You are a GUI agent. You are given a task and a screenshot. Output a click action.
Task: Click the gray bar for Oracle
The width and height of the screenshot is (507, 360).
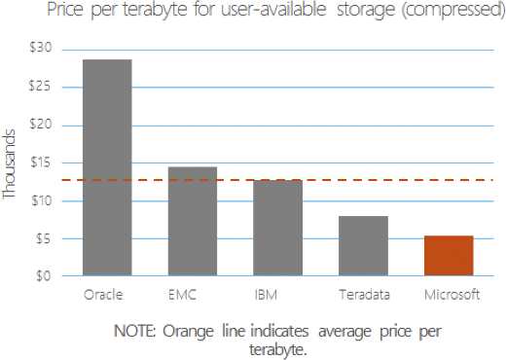tap(107, 167)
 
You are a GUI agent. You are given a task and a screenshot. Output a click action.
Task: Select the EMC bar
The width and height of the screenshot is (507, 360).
tap(193, 221)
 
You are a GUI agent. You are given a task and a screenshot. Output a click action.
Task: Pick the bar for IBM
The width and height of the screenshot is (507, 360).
tap(278, 228)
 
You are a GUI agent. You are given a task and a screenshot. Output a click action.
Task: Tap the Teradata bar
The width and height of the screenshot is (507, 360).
tap(363, 246)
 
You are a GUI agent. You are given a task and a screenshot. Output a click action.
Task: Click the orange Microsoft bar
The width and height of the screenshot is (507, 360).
tap(449, 256)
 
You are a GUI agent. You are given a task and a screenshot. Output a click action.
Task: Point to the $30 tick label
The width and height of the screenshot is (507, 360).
tap(41, 48)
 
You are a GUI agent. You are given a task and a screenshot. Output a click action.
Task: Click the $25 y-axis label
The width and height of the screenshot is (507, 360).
tap(40, 86)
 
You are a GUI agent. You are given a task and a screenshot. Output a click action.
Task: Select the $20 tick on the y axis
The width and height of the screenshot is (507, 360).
tap(41, 124)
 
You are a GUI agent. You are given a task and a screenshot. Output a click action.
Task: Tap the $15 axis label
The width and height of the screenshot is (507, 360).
tap(41, 162)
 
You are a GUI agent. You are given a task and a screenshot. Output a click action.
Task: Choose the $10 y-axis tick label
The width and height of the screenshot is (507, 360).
tap(42, 200)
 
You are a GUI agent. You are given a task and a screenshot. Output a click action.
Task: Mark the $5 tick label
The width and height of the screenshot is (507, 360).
tap(44, 239)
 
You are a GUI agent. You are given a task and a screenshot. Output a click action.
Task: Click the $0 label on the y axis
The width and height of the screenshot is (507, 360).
tap(44, 276)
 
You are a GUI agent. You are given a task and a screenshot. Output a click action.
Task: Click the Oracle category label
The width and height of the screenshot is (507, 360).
tap(103, 295)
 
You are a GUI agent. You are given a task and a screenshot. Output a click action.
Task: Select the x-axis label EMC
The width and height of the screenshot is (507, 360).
tap(183, 295)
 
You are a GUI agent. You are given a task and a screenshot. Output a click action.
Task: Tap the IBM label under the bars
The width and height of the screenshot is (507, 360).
tap(266, 295)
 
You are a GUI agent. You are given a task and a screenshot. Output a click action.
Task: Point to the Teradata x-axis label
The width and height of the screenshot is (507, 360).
tap(365, 295)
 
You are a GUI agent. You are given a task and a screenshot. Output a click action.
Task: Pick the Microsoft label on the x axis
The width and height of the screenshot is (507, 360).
tap(452, 295)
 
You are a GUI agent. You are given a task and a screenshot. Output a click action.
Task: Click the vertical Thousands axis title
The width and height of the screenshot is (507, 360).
tap(9, 164)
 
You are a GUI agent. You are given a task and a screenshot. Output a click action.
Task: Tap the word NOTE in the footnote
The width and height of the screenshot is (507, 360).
tap(135, 331)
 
